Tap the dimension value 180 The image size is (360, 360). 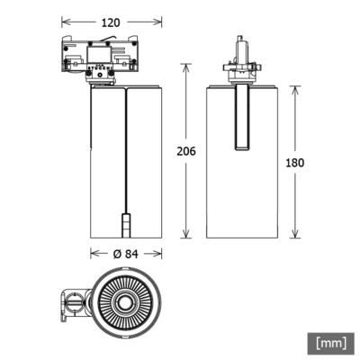(293, 162)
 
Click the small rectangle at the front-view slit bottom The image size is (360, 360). (127, 221)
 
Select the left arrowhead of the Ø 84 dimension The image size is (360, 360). (92, 254)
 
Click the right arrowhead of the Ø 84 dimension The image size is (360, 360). (162, 254)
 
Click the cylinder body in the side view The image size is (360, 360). (239, 180)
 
